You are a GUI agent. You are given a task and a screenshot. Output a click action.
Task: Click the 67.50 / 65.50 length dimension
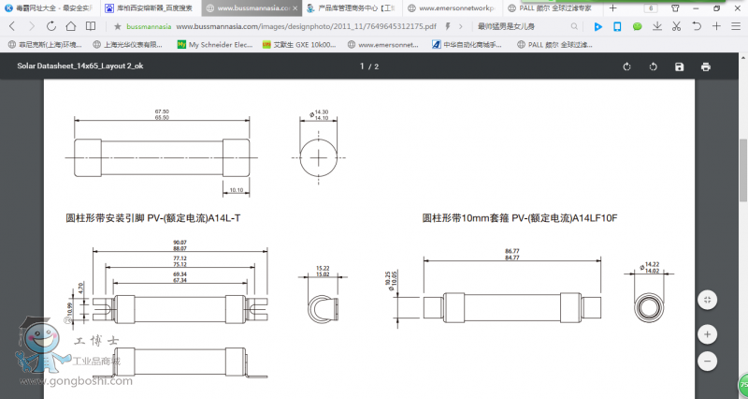161,114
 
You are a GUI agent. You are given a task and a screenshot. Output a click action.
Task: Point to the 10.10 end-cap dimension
236,189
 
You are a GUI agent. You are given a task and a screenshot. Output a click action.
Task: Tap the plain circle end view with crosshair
320,156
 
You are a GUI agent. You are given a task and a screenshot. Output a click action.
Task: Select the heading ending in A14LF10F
520,218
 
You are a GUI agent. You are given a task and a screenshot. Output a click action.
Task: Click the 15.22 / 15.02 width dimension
323,271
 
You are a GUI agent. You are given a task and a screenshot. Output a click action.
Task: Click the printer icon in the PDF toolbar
705,66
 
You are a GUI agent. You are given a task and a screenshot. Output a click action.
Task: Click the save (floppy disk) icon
679,66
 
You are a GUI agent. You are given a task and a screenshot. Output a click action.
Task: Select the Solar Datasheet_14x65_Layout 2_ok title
79,66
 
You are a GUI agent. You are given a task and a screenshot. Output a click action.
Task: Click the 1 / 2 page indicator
369,66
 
